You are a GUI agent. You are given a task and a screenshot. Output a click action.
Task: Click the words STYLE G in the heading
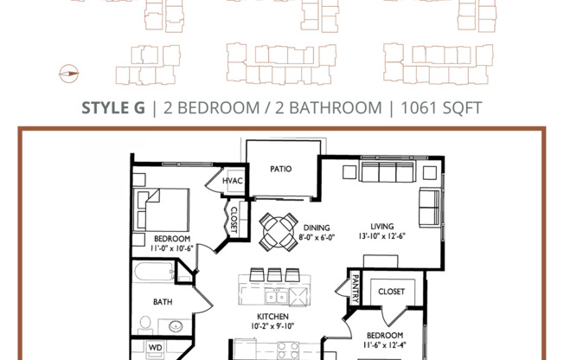pos(113,108)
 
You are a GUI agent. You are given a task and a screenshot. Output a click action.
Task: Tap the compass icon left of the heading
pos(67,74)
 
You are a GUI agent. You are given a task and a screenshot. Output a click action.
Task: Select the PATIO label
pos(279,170)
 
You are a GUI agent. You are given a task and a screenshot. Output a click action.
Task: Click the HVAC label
pos(234,183)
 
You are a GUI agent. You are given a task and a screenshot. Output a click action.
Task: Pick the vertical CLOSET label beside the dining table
pos(233,219)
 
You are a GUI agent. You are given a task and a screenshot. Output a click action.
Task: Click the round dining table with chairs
pos(278,230)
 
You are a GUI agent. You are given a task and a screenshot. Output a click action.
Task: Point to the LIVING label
pos(382,226)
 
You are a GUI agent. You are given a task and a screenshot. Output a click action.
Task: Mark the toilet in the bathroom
pos(145,325)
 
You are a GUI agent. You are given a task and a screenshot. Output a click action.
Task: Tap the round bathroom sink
pos(176,327)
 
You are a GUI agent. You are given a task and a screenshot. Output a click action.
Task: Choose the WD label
pos(155,349)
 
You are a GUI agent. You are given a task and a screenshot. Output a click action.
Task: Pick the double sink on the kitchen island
pos(263,297)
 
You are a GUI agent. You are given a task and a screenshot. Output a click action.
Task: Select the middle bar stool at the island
pos(274,275)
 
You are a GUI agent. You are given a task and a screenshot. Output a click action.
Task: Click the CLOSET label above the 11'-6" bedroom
pos(391,292)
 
